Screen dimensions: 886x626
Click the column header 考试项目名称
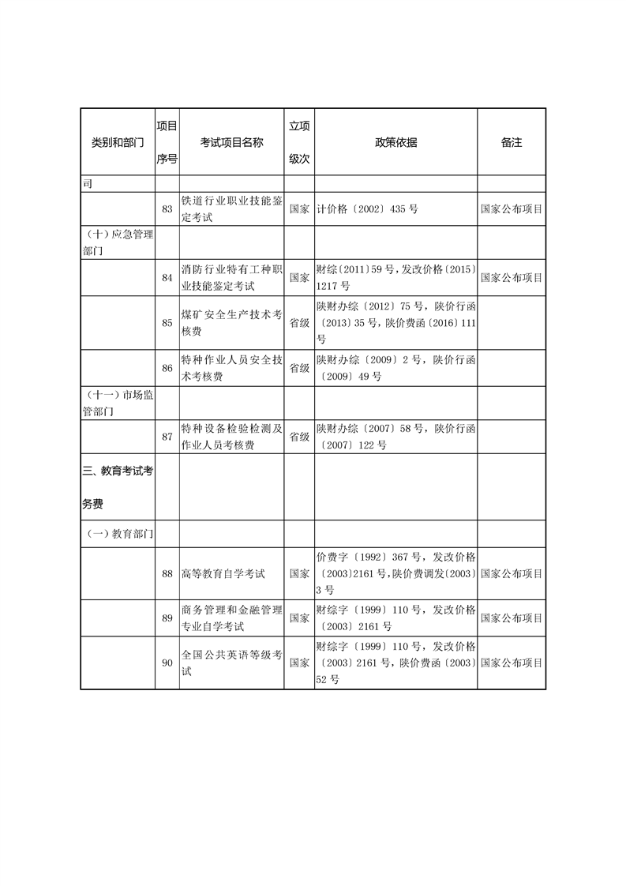231,142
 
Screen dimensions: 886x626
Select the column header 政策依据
395,142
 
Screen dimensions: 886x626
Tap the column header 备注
512,142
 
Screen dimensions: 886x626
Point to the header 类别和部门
118,142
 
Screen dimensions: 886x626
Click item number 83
167,209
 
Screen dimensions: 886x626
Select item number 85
167,322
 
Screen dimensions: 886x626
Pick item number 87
167,437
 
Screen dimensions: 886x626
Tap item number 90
167,663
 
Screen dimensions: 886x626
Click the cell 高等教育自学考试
223,573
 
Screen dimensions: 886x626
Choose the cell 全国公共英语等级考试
231,663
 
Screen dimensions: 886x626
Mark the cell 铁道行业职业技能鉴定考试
231,209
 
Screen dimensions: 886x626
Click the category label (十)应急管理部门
118,242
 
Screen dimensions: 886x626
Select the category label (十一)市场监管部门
118,403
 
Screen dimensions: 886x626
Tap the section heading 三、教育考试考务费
118,486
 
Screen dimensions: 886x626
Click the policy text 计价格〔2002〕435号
366,210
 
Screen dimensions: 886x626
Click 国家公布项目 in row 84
512,278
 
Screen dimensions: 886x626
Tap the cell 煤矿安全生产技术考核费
231,322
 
